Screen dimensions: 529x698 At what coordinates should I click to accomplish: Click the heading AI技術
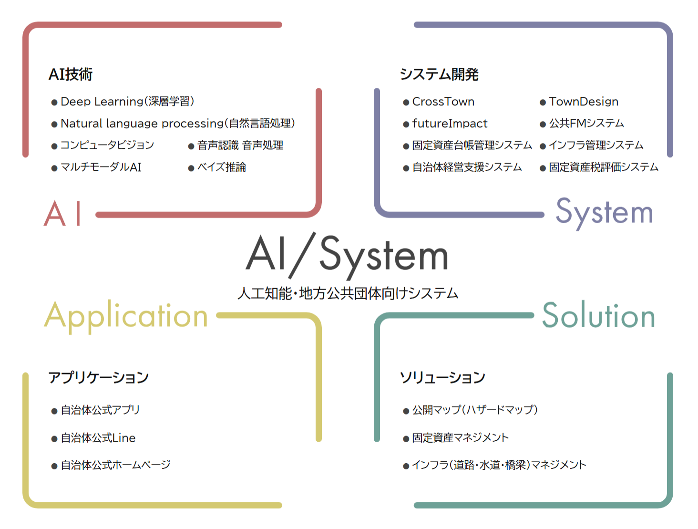(x=71, y=74)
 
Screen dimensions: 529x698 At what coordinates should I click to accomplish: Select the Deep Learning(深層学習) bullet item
(x=127, y=102)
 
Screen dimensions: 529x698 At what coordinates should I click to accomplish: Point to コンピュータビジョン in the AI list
(x=107, y=145)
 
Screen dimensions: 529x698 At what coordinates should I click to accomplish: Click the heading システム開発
(x=439, y=74)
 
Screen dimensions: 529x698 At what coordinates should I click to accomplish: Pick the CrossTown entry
(x=443, y=102)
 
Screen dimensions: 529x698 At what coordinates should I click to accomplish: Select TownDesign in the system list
(x=583, y=102)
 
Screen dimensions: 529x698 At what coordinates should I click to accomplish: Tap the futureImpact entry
(x=450, y=124)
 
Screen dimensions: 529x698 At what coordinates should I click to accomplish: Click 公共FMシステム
(x=586, y=124)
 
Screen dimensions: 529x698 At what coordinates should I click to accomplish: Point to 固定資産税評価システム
(x=603, y=167)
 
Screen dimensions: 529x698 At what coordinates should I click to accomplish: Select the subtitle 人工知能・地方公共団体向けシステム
(x=348, y=293)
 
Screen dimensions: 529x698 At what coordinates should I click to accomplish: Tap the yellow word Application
(x=126, y=316)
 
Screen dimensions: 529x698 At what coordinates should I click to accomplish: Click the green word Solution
(x=599, y=315)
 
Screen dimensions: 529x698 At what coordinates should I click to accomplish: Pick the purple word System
(x=604, y=212)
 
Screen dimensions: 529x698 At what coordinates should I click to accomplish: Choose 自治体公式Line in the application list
(x=98, y=438)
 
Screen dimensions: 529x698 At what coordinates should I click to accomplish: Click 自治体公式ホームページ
(x=115, y=465)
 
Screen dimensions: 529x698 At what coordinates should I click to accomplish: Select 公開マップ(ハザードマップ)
(x=475, y=410)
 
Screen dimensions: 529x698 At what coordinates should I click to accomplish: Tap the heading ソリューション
(x=442, y=377)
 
